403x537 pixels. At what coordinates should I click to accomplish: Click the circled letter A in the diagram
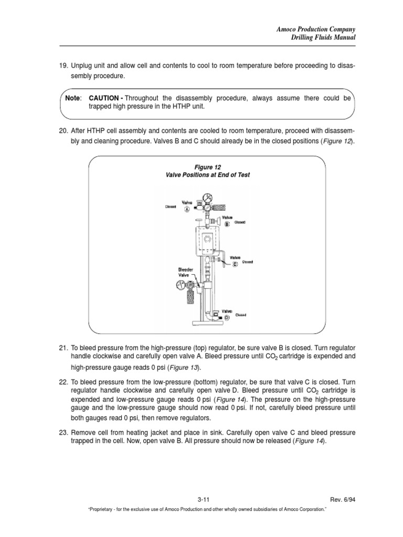coord(186,209)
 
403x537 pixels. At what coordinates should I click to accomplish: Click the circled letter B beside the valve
coord(227,224)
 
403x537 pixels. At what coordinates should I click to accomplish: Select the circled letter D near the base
coord(227,318)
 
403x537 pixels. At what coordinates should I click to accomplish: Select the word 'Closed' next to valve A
coord(171,207)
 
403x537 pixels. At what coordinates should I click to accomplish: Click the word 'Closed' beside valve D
coord(241,315)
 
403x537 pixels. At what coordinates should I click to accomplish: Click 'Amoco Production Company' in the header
coord(316,29)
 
